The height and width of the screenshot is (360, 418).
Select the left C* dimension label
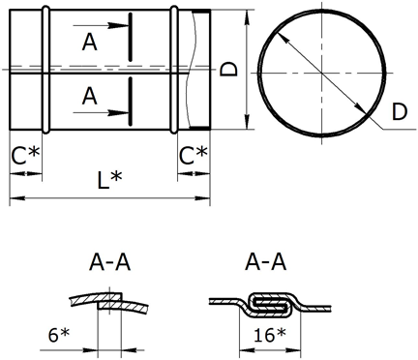coord(25,156)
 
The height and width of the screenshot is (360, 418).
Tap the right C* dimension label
coord(194,156)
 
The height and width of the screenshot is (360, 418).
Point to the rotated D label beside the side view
coord(228,69)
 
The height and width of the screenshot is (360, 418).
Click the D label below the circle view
coord(400,112)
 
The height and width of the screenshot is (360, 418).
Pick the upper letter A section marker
coord(89,43)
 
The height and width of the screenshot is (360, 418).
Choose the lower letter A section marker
coord(89,96)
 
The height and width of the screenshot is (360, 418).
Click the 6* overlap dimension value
coord(59,335)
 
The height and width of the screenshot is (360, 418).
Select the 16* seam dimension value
coord(270,335)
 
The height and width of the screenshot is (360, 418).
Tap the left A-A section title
coord(110,262)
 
